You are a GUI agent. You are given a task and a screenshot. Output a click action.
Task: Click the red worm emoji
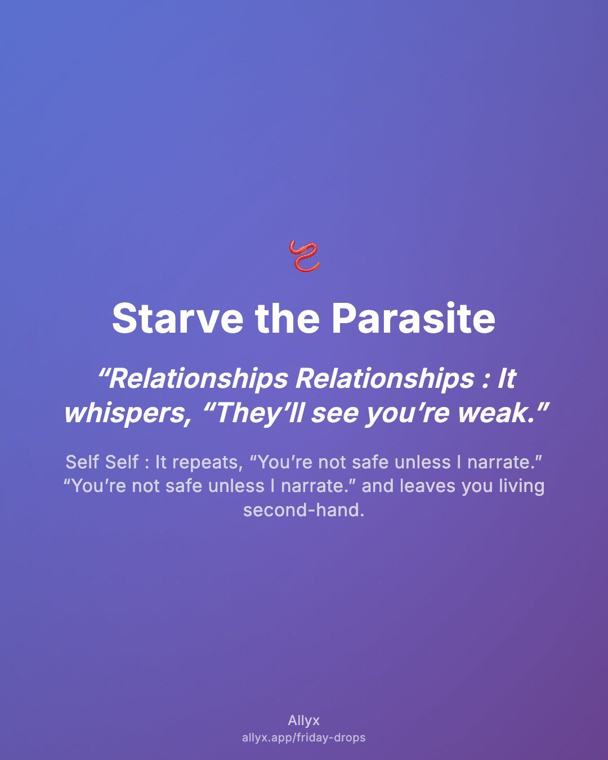(304, 256)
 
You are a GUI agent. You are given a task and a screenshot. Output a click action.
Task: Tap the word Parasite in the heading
(413, 318)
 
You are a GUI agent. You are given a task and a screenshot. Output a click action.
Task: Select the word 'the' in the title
(288, 318)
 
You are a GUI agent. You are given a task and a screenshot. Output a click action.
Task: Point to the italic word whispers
(127, 414)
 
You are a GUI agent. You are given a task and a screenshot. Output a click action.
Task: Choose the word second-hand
(303, 510)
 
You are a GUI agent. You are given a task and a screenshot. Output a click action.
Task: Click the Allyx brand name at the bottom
(304, 721)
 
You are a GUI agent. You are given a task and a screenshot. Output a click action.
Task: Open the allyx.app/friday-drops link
(304, 737)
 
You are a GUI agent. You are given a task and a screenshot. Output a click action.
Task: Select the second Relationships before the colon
(385, 379)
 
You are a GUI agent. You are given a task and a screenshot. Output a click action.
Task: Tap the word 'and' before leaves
(378, 486)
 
